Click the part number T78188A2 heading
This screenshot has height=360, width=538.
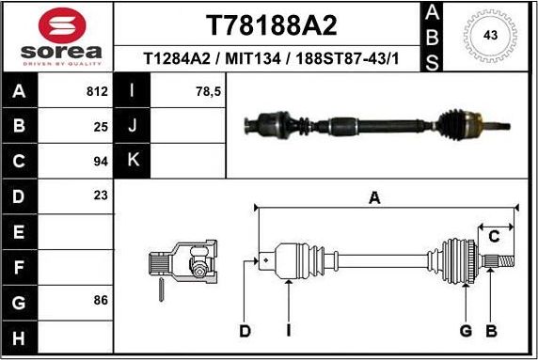tap(271, 25)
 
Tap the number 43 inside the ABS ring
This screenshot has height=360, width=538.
tap(489, 35)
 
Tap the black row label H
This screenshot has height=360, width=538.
tap(21, 337)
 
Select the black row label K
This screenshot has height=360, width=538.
tap(133, 160)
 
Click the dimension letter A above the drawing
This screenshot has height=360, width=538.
tap(374, 198)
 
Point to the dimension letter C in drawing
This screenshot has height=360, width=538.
tap(493, 237)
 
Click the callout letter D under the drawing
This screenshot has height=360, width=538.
tap(245, 330)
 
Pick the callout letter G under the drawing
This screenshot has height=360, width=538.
tap(465, 330)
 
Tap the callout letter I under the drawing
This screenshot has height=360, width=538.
tap(290, 330)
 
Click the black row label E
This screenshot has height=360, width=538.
tap(21, 230)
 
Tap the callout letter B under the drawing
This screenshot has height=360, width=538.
tap(490, 330)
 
